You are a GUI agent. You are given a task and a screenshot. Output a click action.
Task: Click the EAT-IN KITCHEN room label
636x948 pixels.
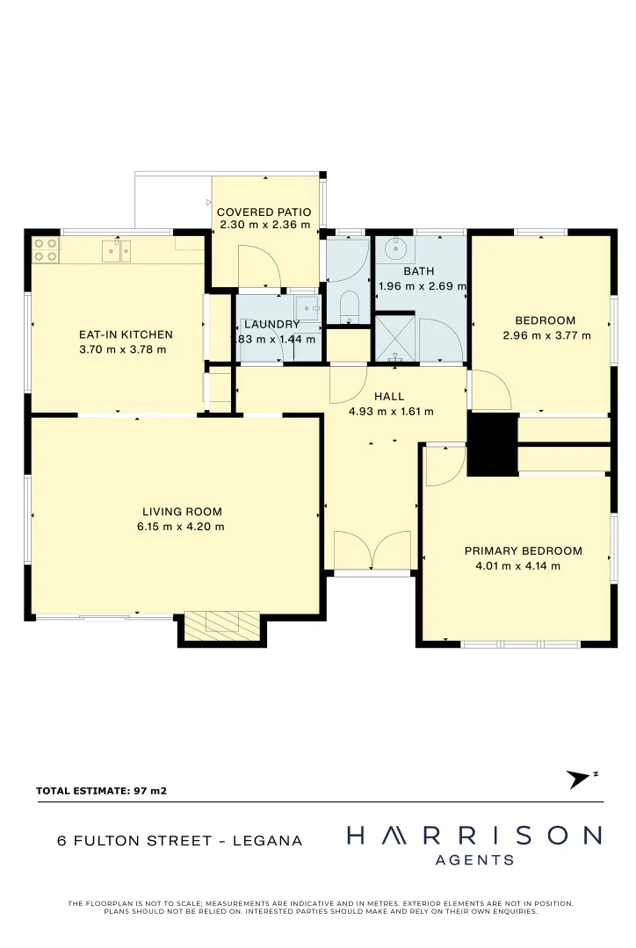126,334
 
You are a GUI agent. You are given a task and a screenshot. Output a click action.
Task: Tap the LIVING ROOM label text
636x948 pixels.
182,512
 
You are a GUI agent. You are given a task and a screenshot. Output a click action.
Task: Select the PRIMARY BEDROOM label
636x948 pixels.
523,551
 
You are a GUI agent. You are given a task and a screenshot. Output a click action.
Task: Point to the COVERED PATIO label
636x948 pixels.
264,212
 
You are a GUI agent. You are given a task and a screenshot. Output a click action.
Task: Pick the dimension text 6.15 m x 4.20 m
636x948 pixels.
181,527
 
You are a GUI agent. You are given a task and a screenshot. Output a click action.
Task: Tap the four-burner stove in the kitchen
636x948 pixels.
46,250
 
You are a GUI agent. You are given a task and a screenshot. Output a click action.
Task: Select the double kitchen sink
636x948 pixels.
117,251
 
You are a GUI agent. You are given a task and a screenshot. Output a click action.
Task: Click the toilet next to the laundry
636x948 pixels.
348,306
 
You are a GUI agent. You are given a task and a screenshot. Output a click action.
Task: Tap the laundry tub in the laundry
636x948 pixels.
306,308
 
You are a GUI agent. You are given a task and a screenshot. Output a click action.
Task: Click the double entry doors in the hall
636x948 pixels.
373,550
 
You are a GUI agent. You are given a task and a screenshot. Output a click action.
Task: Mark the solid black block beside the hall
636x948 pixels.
492,444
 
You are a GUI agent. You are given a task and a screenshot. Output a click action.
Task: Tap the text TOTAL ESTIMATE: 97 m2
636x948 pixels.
101,791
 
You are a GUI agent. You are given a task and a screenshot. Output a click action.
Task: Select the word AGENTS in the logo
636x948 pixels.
474,860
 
